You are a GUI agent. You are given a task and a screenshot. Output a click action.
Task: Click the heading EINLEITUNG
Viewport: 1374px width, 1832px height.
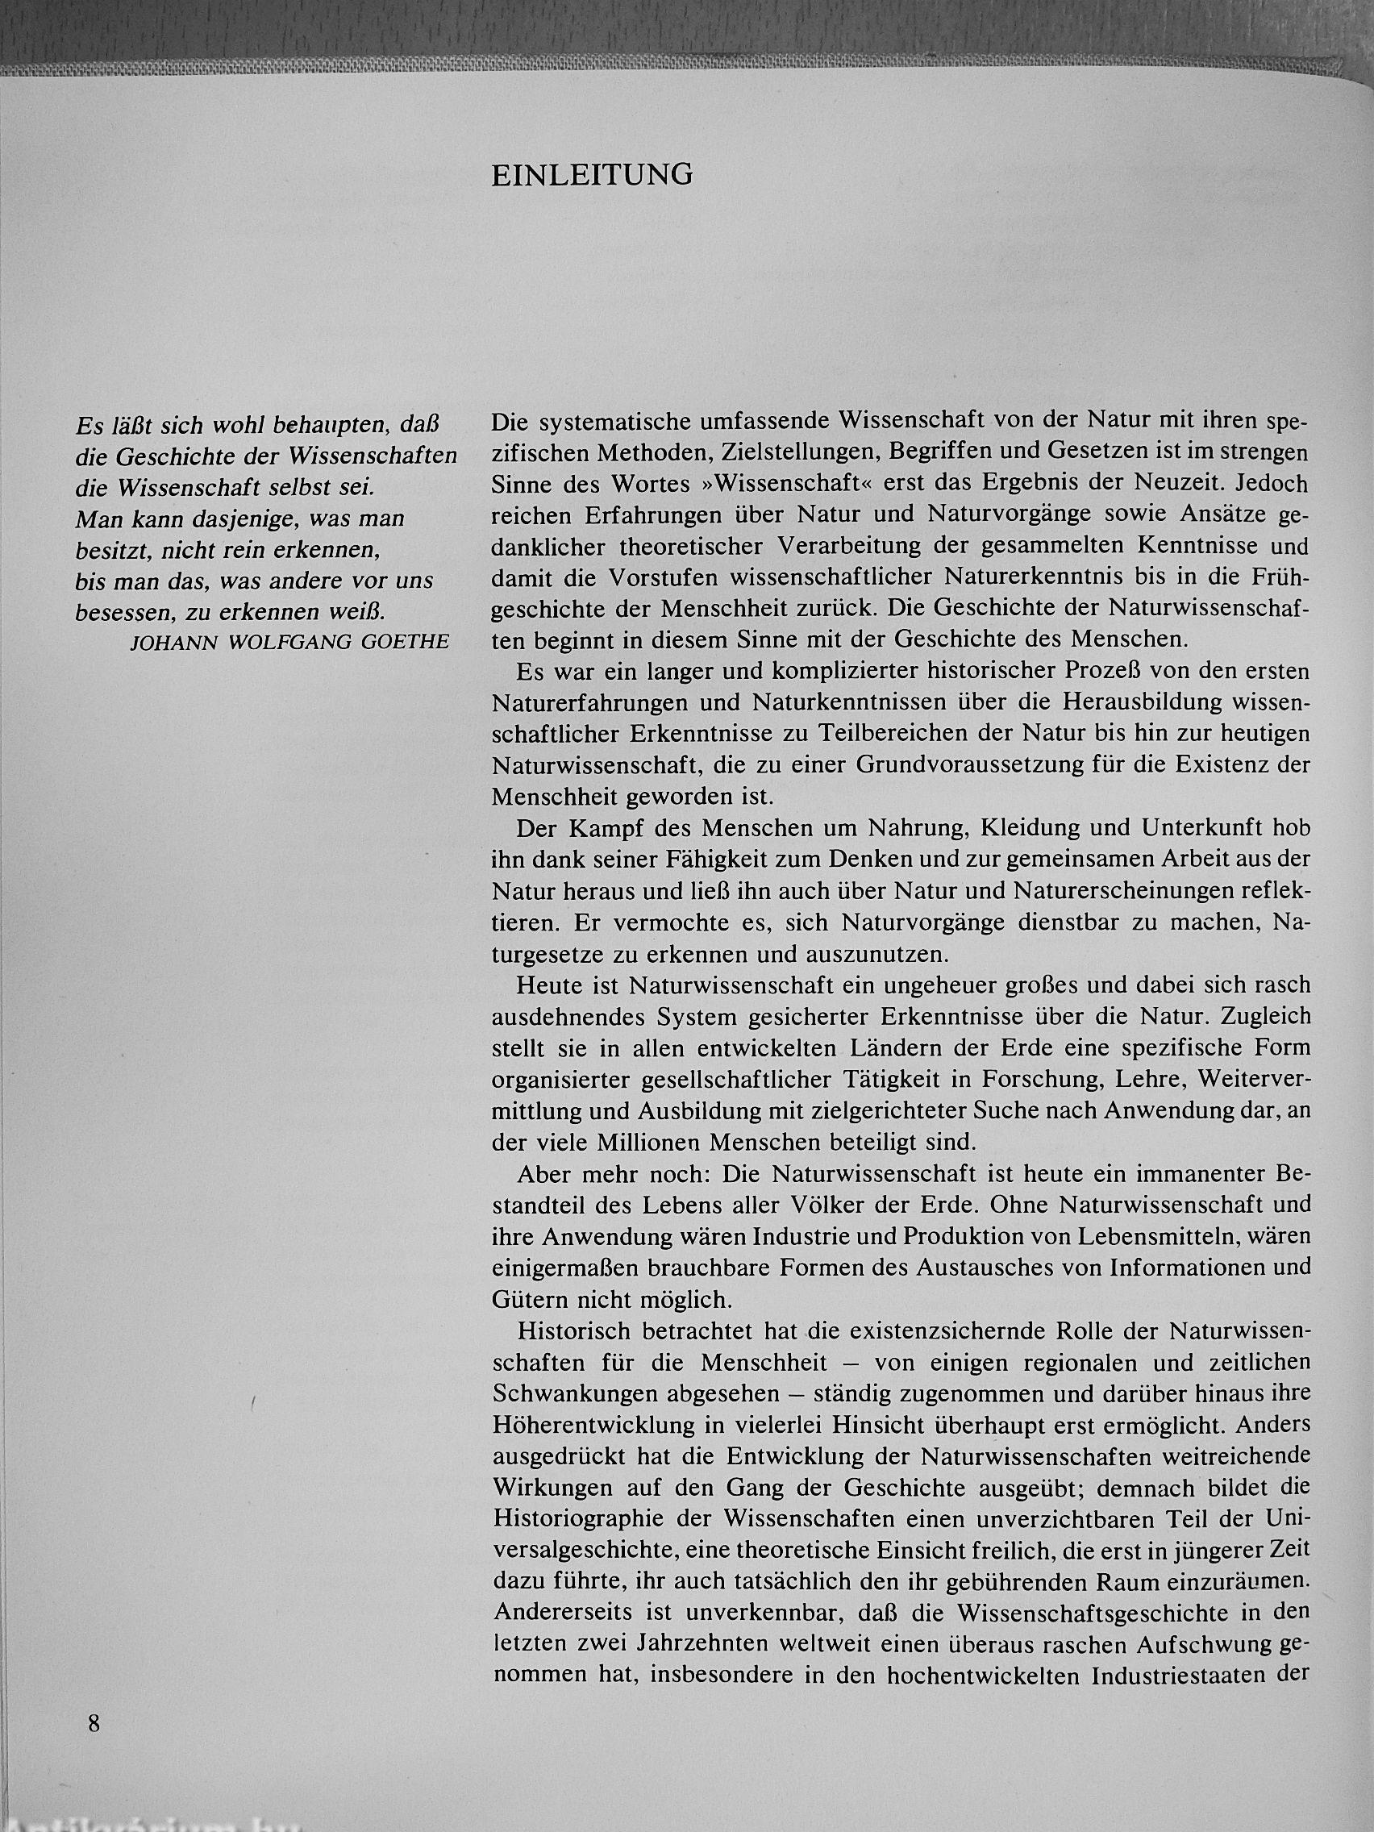(x=592, y=176)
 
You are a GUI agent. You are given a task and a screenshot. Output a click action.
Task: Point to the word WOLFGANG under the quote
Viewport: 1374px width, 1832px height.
(x=295, y=642)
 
